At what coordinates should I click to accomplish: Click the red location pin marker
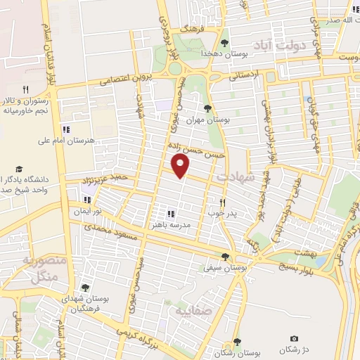coord(181,166)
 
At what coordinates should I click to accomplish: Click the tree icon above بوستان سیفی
coord(225,257)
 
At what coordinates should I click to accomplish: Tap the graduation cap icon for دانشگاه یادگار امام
coord(20,170)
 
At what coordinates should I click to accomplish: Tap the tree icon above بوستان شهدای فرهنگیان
coord(85,287)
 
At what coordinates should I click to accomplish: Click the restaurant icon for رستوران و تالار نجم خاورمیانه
coord(26,89)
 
